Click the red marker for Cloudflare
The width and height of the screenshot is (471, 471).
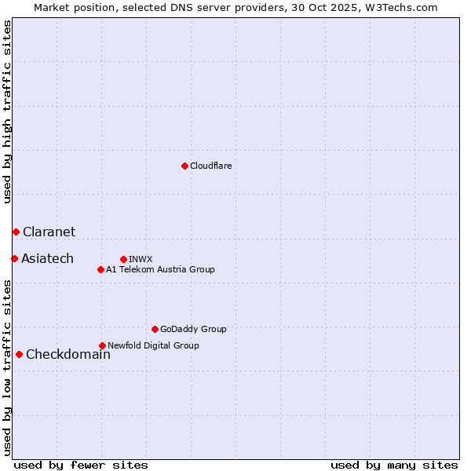tap(184, 166)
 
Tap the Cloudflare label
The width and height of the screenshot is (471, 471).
tap(210, 166)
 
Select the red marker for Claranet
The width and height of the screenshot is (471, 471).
tap(16, 232)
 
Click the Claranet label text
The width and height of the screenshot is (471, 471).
tap(49, 232)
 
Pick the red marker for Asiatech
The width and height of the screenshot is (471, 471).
tap(14, 258)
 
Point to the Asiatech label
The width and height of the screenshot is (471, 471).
tap(47, 258)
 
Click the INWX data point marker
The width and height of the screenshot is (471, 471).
tap(123, 259)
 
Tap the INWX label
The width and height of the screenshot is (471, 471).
tap(141, 259)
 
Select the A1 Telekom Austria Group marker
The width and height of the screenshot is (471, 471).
tap(100, 269)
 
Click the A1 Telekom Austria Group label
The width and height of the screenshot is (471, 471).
tap(160, 269)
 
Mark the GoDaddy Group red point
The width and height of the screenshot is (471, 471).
tap(155, 329)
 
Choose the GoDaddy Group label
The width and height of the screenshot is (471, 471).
tap(193, 329)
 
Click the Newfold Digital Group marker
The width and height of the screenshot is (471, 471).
tap(102, 345)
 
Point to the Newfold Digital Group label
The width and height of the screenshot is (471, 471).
tap(153, 345)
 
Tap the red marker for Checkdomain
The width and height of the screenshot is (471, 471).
tap(19, 354)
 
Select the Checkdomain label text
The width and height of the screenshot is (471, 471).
tap(68, 354)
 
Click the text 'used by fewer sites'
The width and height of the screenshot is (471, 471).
tap(81, 465)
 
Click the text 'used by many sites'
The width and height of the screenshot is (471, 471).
tap(394, 465)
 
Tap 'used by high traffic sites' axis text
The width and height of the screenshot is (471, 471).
tap(7, 111)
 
